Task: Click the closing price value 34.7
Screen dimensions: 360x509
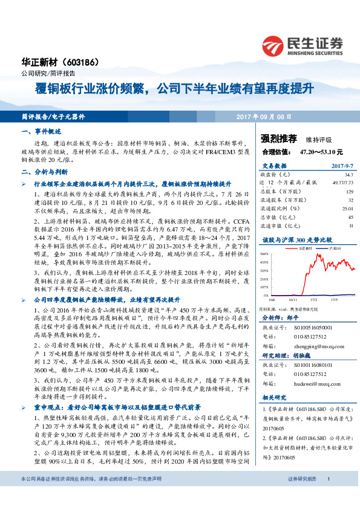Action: tap(349, 174)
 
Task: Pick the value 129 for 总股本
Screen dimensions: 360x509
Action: tap(349, 191)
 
